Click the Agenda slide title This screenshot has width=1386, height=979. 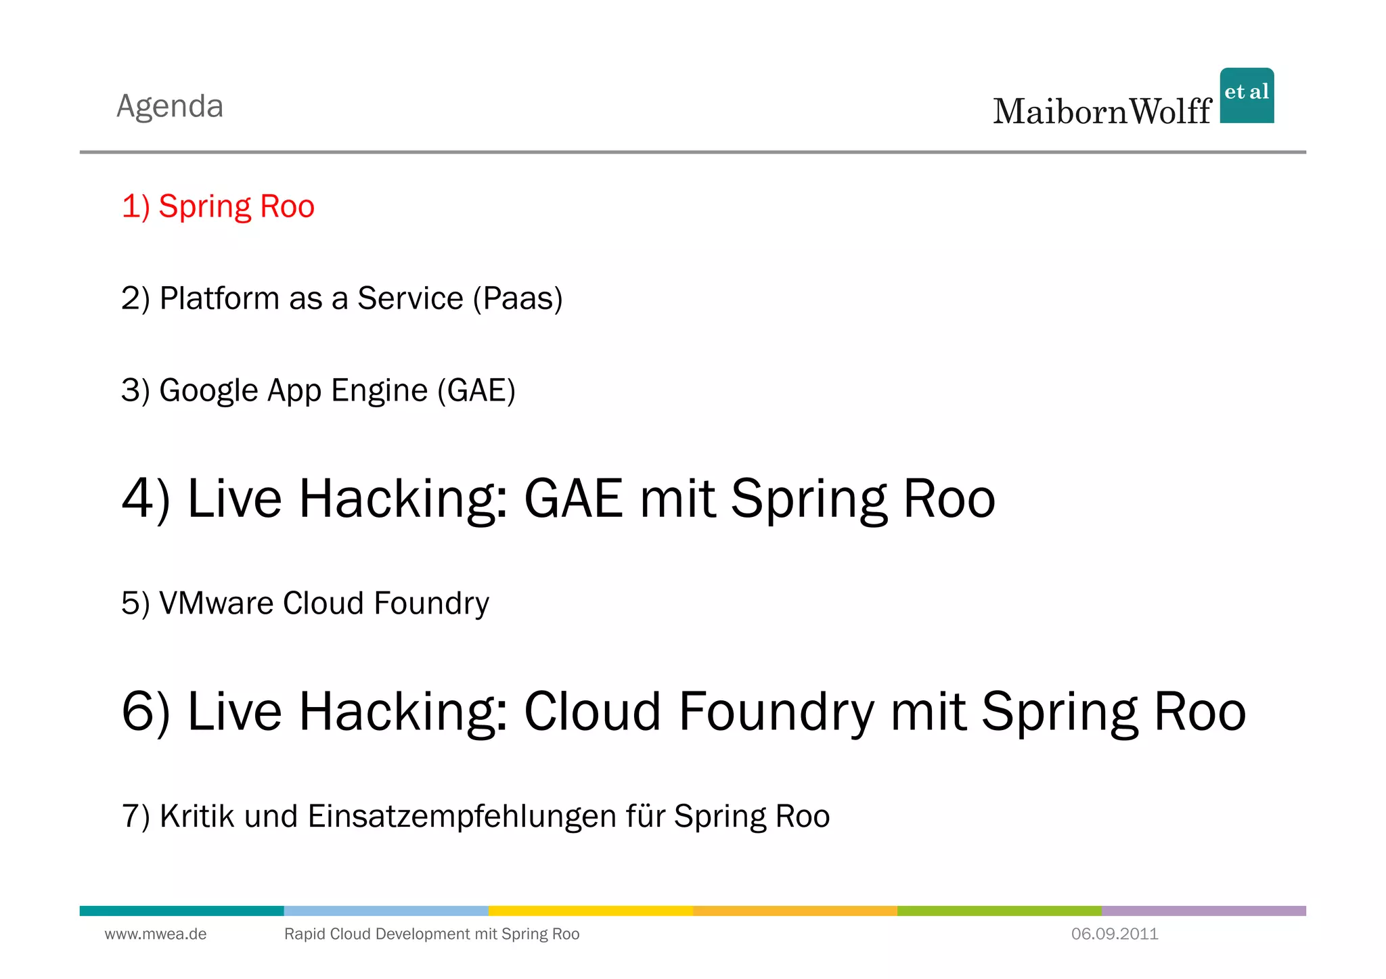tap(170, 106)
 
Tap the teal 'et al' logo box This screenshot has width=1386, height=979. tap(1247, 95)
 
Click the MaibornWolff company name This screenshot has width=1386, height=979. tap(1102, 112)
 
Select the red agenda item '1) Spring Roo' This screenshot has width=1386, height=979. tap(218, 206)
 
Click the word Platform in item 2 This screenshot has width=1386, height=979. tap(219, 298)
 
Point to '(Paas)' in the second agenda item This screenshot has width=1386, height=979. tap(518, 298)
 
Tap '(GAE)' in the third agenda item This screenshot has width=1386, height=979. tap(476, 391)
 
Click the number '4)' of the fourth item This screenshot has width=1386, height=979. tap(146, 499)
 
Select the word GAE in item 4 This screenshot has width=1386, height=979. tap(573, 499)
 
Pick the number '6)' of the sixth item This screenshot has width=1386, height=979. tap(146, 712)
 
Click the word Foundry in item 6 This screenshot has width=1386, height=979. tap(776, 712)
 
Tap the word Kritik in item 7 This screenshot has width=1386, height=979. tap(197, 816)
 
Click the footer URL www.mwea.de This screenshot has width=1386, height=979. tap(156, 934)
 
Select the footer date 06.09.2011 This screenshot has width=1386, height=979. tap(1115, 934)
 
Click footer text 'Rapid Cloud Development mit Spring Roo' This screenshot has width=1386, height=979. tap(432, 934)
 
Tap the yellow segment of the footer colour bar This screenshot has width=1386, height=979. tap(590, 911)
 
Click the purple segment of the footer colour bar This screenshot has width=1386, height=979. tap(1203, 911)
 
